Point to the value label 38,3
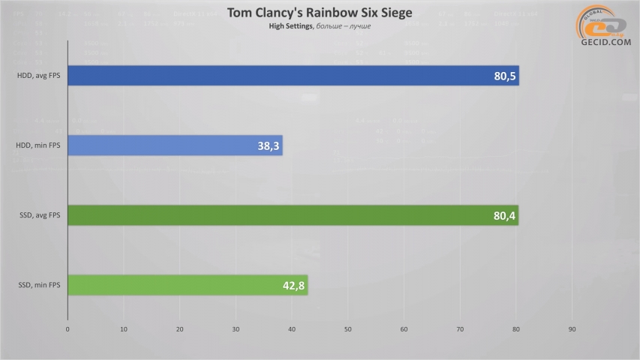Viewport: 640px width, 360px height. (267, 145)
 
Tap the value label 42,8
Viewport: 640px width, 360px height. (292, 286)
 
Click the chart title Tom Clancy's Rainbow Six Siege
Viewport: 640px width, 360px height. (320, 13)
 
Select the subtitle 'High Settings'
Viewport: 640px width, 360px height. (290, 27)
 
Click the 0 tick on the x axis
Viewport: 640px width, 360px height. (68, 328)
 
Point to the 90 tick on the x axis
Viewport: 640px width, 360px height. (572, 328)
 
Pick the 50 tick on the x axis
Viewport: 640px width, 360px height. (348, 328)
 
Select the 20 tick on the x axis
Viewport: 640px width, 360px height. (180, 328)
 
